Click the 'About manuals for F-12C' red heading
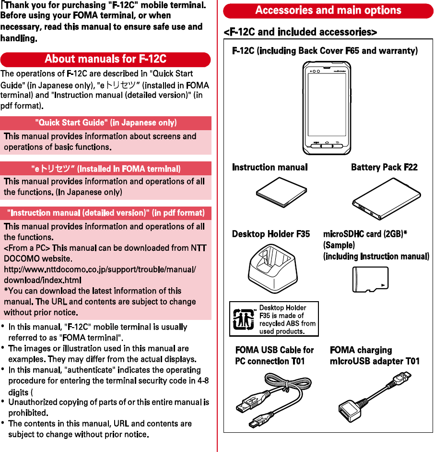coord(106,59)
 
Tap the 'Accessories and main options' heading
coord(328,10)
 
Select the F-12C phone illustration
coord(327,108)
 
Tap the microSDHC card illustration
coord(370,279)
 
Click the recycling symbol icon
coord(243,318)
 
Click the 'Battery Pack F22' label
coord(384,167)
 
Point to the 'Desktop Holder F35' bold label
coord(271,234)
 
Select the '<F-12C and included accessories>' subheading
coord(300,32)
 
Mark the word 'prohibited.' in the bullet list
coord(28,413)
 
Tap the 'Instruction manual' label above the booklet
coord(270,167)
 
